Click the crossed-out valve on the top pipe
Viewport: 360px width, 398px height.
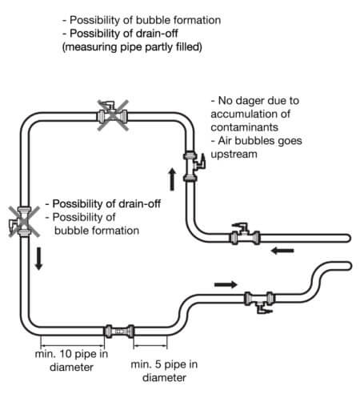[112, 115]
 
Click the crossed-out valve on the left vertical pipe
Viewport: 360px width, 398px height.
[23, 221]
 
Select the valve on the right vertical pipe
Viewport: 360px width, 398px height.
[193, 167]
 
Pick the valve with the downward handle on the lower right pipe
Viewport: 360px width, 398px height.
[259, 301]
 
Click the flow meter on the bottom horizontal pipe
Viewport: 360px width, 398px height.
[119, 332]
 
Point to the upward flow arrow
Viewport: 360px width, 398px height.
[172, 179]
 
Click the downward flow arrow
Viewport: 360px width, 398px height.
[39, 259]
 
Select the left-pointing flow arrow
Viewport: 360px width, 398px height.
[282, 251]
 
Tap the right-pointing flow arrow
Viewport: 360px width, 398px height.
[226, 284]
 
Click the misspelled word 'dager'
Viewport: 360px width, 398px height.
[250, 101]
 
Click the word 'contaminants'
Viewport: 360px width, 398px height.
[245, 127]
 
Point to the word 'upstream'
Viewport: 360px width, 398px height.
[234, 155]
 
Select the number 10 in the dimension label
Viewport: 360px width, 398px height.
[66, 354]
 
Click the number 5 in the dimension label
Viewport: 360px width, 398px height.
[158, 364]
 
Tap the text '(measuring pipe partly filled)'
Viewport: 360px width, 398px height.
[132, 47]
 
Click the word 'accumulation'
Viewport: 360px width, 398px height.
[250, 114]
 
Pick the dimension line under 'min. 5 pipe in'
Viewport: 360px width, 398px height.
[150, 346]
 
